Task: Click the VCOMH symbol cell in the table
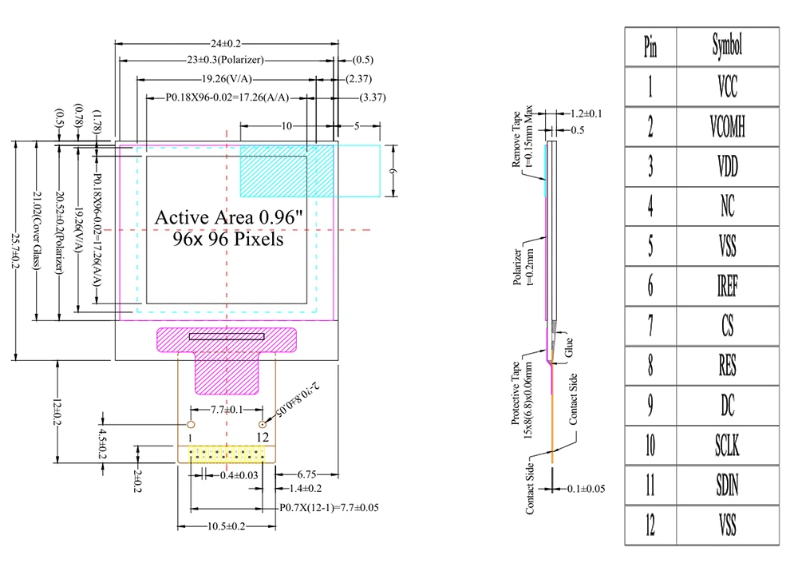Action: pyautogui.click(x=726, y=126)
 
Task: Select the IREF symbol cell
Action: pyautogui.click(x=726, y=286)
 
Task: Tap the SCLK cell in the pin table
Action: pyautogui.click(x=726, y=446)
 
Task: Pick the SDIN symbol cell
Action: pyautogui.click(x=726, y=486)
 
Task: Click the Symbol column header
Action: pyautogui.click(x=726, y=46)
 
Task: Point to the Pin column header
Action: pyautogui.click(x=650, y=46)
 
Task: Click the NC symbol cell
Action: pyautogui.click(x=726, y=206)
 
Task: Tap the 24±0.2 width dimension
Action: pyautogui.click(x=226, y=43)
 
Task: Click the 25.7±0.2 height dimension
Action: pyautogui.click(x=15, y=249)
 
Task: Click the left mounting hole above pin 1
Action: pyautogui.click(x=191, y=423)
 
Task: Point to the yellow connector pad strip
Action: pyautogui.click(x=227, y=454)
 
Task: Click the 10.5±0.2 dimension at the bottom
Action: pyautogui.click(x=226, y=526)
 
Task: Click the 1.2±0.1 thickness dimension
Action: pyautogui.click(x=583, y=114)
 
